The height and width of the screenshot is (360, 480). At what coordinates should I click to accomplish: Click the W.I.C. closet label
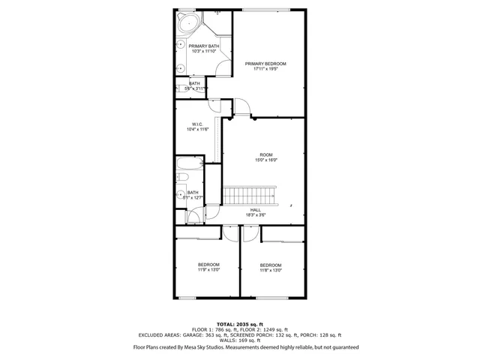[197, 124]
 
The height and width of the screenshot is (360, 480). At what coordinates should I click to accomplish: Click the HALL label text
[255, 210]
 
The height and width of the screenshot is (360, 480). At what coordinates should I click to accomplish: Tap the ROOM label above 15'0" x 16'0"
[265, 154]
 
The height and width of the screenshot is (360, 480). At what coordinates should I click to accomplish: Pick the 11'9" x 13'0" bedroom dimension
[208, 271]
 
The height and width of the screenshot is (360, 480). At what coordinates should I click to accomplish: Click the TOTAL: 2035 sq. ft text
[239, 321]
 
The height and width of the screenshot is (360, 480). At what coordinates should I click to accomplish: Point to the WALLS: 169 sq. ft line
[239, 341]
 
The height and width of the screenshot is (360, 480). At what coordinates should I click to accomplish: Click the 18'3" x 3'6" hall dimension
[255, 215]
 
